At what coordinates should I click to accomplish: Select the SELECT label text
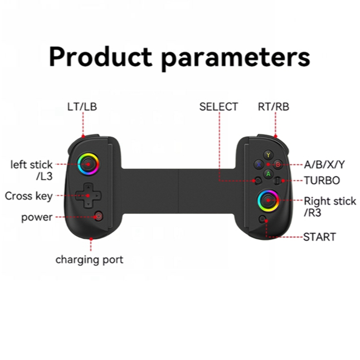point(218,107)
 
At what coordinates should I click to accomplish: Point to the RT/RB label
point(273,107)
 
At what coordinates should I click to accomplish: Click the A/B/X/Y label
point(325,164)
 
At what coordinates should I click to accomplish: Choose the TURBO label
point(322,181)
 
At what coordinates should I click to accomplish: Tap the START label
point(319,237)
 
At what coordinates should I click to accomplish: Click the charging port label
point(89,260)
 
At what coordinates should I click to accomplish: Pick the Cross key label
point(28,196)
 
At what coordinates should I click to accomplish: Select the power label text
point(37,217)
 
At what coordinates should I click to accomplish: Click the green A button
point(268,173)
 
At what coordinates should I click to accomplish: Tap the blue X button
point(259,164)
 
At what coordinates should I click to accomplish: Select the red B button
point(277,164)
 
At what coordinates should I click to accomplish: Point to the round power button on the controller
point(99,215)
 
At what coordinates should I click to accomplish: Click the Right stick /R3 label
point(330,207)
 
